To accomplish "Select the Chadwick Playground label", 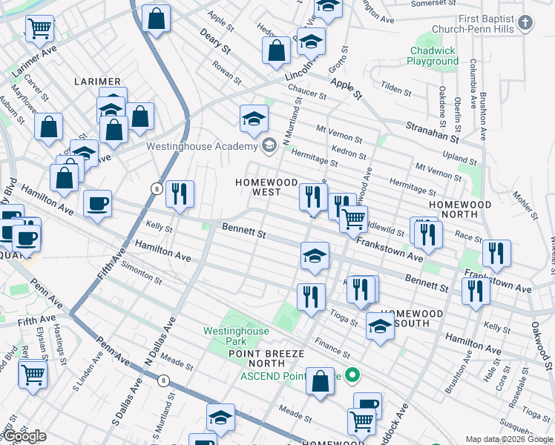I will coord(433,56).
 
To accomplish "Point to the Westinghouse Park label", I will coord(235,336).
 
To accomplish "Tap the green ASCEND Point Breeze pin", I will coord(353,376).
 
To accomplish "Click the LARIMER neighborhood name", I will coord(97,80).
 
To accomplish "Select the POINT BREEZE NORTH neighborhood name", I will coord(256,358).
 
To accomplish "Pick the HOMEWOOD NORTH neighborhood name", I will coord(460,209).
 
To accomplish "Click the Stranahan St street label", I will coord(432,131).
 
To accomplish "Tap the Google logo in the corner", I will coord(24,435).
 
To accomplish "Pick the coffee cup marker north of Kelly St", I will coord(97,205).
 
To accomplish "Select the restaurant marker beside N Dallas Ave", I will coord(180,194).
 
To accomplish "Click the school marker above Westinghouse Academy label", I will coord(254,119).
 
